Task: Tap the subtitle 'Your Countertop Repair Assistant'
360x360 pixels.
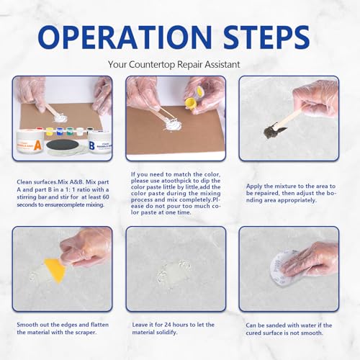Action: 179,65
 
